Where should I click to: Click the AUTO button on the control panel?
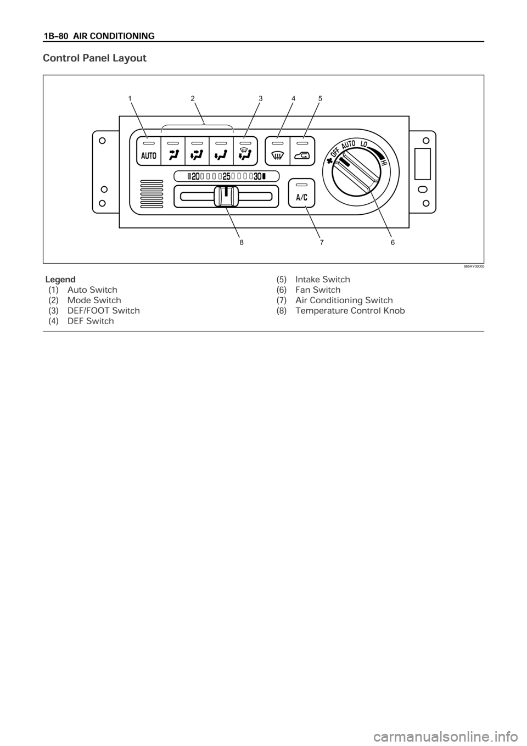pos(149,151)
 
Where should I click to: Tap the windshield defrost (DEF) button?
pos(277,151)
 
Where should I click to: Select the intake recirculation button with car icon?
pos(302,151)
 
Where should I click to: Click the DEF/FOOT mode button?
pos(245,151)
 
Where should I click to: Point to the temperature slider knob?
pos(226,196)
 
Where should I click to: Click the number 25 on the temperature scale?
pos(227,176)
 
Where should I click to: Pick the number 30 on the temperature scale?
pos(257,176)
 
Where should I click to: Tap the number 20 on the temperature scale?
pos(195,176)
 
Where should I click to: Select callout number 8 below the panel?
pos(242,242)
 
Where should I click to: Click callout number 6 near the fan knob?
pos(393,242)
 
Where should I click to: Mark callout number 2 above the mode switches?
pos(193,98)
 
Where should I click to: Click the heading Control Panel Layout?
pos(95,58)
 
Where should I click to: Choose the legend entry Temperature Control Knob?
pos(340,311)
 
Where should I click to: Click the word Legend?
pos(60,279)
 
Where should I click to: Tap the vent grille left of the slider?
pos(152,194)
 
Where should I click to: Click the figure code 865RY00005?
pos(473,267)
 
